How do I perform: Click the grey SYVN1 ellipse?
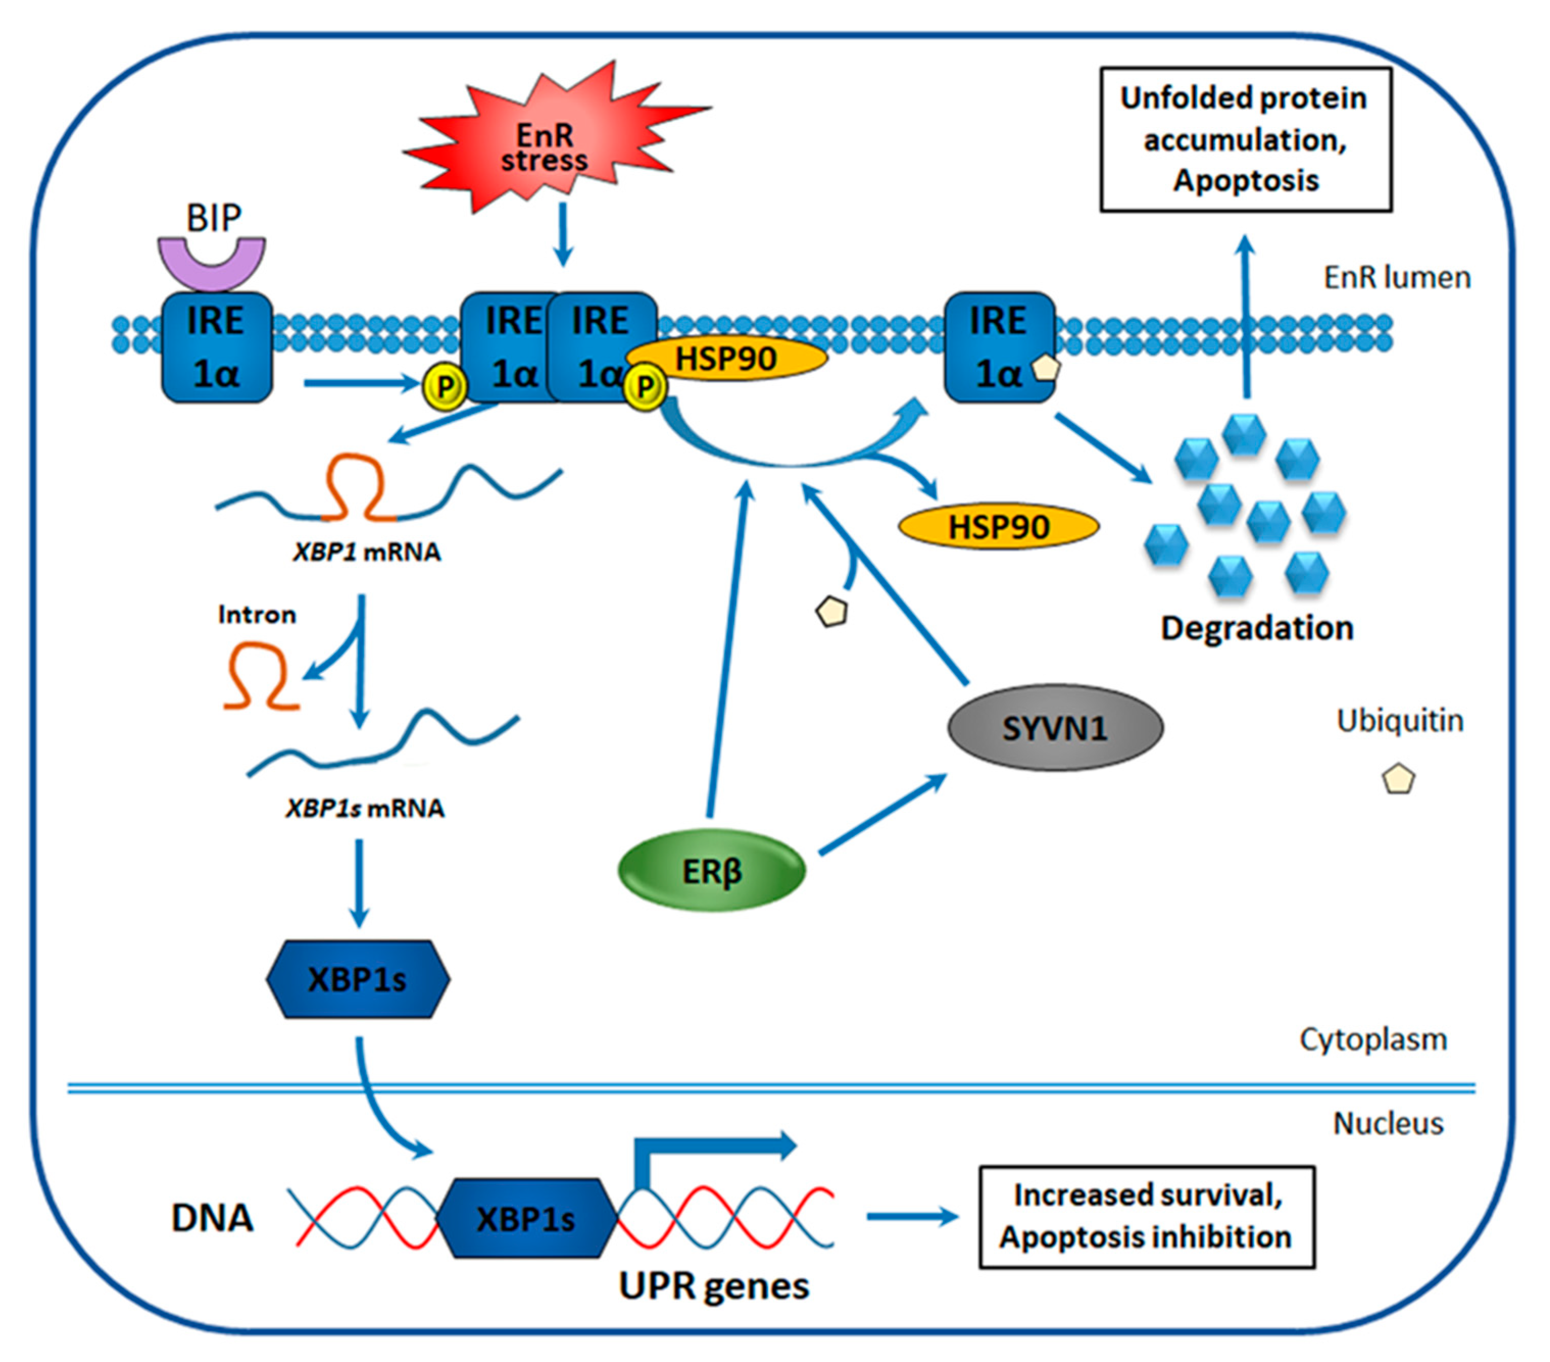point(1055,728)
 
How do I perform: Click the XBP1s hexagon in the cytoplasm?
point(358,979)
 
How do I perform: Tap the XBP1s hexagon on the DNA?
point(526,1219)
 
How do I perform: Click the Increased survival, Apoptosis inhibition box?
point(1146,1217)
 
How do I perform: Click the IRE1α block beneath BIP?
point(217,347)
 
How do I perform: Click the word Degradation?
point(1257,628)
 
